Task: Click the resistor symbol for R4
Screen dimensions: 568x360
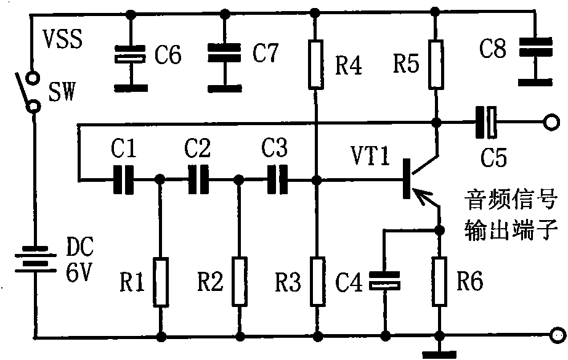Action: (x=316, y=65)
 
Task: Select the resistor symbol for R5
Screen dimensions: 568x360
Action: (x=436, y=65)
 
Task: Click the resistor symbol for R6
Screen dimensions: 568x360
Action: (x=439, y=281)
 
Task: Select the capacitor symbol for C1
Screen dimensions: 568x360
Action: (x=124, y=179)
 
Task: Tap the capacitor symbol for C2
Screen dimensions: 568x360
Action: (x=198, y=179)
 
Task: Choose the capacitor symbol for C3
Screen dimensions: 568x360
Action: (x=277, y=179)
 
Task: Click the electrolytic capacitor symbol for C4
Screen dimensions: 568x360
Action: (x=384, y=281)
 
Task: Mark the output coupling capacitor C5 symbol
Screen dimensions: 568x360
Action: (x=486, y=122)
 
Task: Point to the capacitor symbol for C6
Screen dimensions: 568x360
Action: (x=131, y=54)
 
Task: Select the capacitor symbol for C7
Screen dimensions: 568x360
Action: (x=225, y=53)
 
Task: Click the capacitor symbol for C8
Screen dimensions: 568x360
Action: (x=536, y=47)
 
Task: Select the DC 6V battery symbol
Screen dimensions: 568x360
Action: (x=35, y=260)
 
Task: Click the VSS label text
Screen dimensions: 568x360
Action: (x=63, y=38)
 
